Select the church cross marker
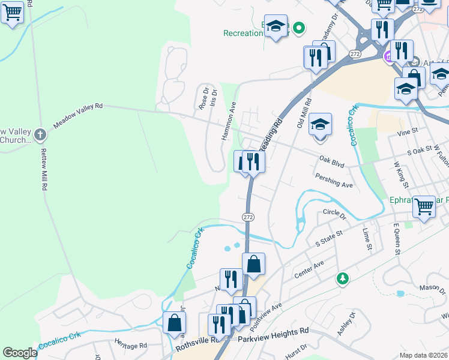pos(40,134)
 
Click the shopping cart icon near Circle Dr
pos(424,206)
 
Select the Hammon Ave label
pos(229,121)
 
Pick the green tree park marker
pos(342,278)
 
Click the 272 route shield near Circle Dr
pos(248,216)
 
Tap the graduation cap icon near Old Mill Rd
pos(320,125)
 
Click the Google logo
pos(20,353)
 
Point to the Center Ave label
pos(309,269)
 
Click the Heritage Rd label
pos(131,345)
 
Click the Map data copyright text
pos(424,355)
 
